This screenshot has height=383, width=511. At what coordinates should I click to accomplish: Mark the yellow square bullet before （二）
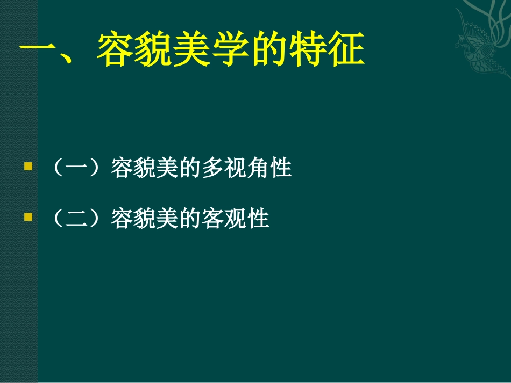coord(28,218)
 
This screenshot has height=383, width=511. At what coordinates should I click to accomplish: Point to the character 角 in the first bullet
coord(258,168)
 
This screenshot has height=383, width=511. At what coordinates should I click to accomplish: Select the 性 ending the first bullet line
coord(281,168)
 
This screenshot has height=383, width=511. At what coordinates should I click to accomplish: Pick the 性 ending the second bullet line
coord(258,219)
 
